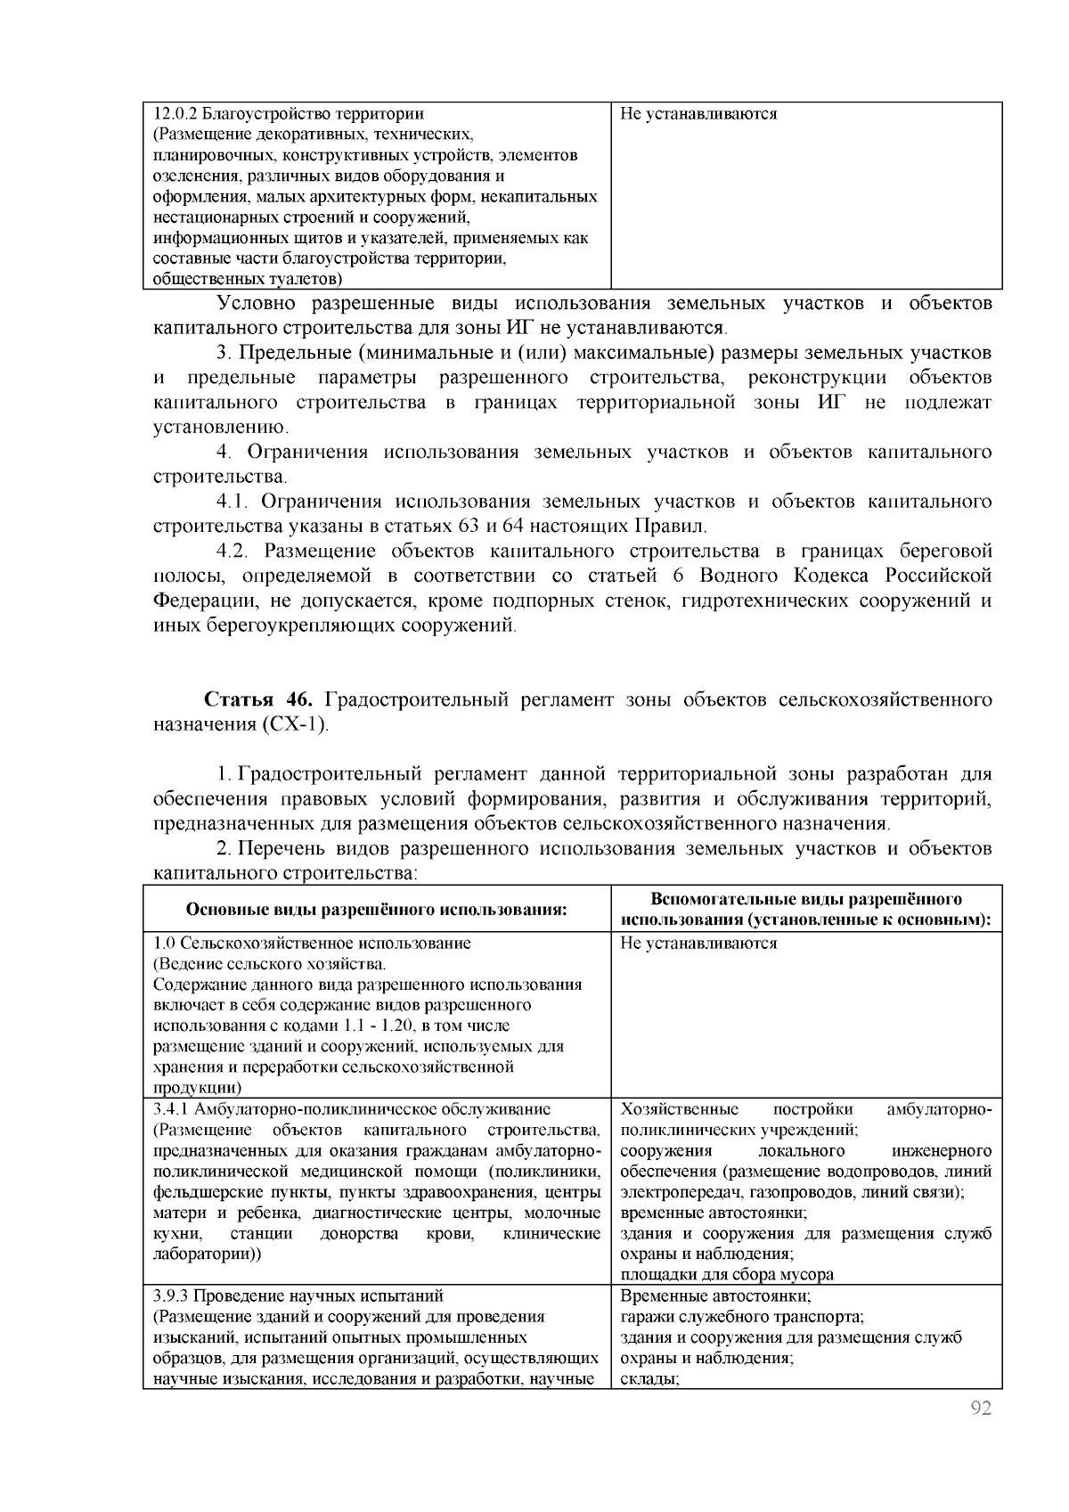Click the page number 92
tap(980, 1409)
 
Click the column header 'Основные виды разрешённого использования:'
tap(376, 910)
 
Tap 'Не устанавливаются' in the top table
tap(698, 114)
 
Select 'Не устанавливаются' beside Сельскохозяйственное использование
tap(698, 944)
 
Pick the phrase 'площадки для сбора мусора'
tap(727, 1275)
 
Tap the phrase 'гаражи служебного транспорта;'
tap(743, 1317)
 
